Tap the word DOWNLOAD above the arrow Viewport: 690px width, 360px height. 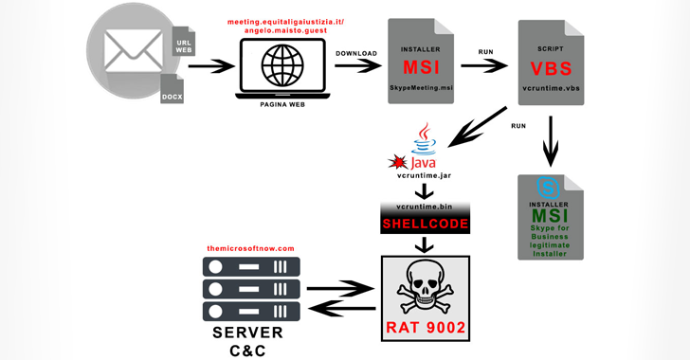(355, 53)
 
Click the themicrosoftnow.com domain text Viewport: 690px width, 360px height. (250, 248)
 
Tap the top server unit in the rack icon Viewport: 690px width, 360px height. (251, 266)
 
